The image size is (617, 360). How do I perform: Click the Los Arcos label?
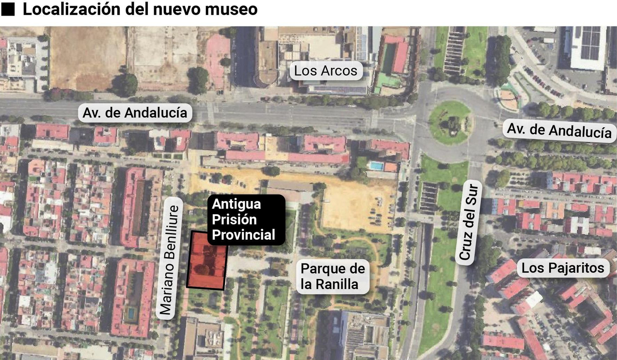(326, 71)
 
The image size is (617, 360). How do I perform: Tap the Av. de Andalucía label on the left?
(135, 113)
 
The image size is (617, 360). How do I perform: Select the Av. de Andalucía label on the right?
(559, 130)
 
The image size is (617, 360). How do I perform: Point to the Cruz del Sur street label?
(469, 222)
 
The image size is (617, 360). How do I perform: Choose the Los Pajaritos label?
(563, 268)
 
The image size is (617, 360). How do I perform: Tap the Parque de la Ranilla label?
(332, 276)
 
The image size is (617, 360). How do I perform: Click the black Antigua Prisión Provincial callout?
(246, 219)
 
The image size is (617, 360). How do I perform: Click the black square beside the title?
(8, 9)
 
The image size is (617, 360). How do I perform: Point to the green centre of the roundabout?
(450, 123)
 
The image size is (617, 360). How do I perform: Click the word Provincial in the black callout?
(244, 235)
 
